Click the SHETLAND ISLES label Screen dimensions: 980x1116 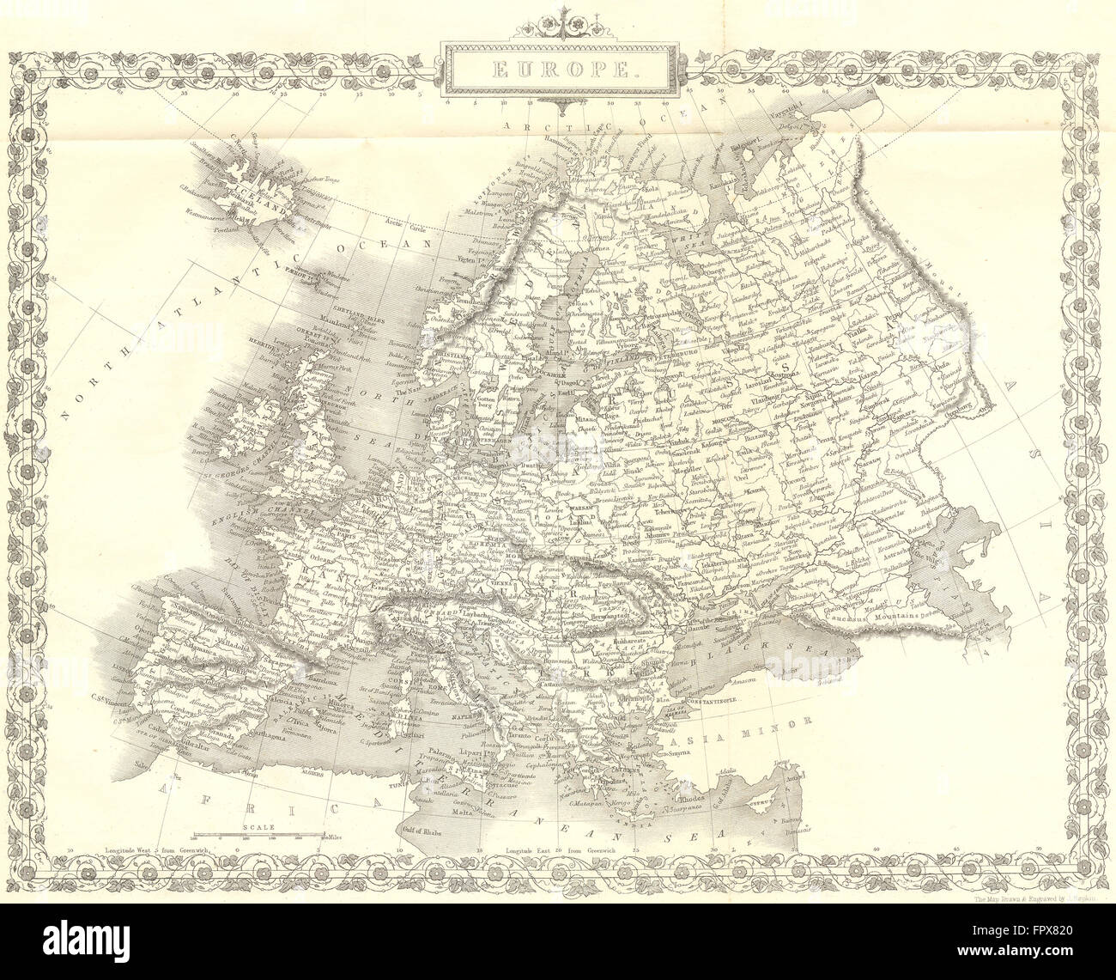pos(347,313)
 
